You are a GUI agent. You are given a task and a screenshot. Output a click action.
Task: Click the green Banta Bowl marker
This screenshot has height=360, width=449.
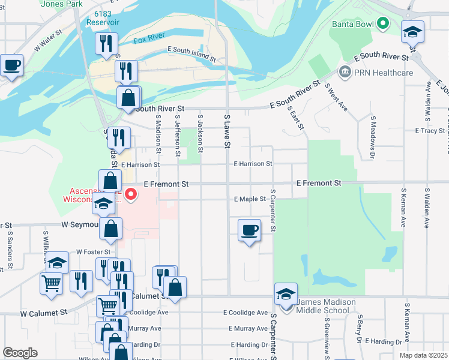pyautogui.click(x=382, y=25)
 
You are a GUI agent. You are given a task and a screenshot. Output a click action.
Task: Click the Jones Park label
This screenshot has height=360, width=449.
pyautogui.click(x=62, y=4)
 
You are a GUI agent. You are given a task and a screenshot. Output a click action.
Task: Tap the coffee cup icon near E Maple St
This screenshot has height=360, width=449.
pyautogui.click(x=250, y=230)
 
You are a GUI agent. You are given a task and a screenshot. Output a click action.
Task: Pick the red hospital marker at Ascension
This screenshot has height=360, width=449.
pyautogui.click(x=130, y=194)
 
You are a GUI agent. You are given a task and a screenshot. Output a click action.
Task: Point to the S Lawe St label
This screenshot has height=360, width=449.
pyautogui.click(x=227, y=131)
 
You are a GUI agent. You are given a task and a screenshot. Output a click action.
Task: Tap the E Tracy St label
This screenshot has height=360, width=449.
pyautogui.click(x=429, y=130)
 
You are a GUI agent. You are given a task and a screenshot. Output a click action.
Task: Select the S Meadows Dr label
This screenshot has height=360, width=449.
pyautogui.click(x=373, y=137)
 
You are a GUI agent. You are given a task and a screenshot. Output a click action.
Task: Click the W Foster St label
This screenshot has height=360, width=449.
pyautogui.click(x=93, y=253)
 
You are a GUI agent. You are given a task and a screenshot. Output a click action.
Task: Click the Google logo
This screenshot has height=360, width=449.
pyautogui.click(x=20, y=353)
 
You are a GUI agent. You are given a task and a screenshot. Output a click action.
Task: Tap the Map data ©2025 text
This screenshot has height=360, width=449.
pyautogui.click(x=423, y=356)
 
